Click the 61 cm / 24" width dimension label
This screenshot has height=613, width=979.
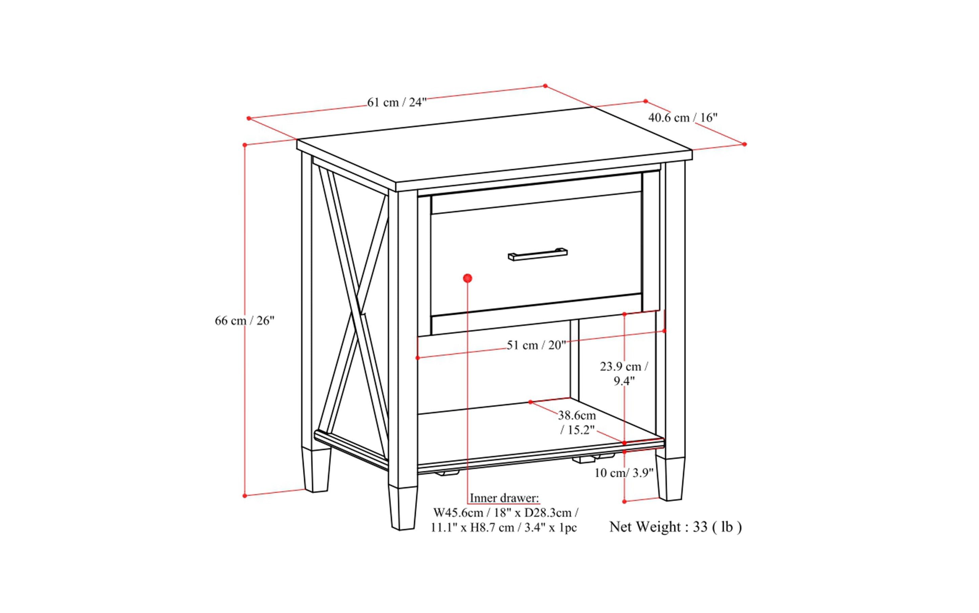click(x=397, y=102)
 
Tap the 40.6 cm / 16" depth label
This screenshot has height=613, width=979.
click(x=683, y=118)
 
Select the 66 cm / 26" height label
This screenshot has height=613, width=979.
click(x=245, y=321)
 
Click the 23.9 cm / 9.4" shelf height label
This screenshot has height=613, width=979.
click(x=624, y=374)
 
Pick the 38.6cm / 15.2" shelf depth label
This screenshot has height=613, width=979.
click(x=577, y=422)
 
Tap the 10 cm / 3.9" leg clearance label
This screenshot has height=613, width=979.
click(x=624, y=473)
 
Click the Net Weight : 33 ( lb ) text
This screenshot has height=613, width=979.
click(x=675, y=527)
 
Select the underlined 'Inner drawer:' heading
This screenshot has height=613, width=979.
click(x=504, y=498)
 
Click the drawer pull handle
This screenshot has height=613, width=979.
click(x=538, y=254)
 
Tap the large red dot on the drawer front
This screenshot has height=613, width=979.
click(x=467, y=278)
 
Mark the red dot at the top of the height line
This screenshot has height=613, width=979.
click(x=245, y=145)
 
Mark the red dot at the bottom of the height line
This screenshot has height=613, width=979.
click(x=245, y=495)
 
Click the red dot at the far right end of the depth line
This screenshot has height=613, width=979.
click(x=744, y=144)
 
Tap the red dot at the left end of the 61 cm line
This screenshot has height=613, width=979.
click(x=249, y=119)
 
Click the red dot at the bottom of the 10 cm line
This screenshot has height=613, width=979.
click(x=624, y=502)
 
